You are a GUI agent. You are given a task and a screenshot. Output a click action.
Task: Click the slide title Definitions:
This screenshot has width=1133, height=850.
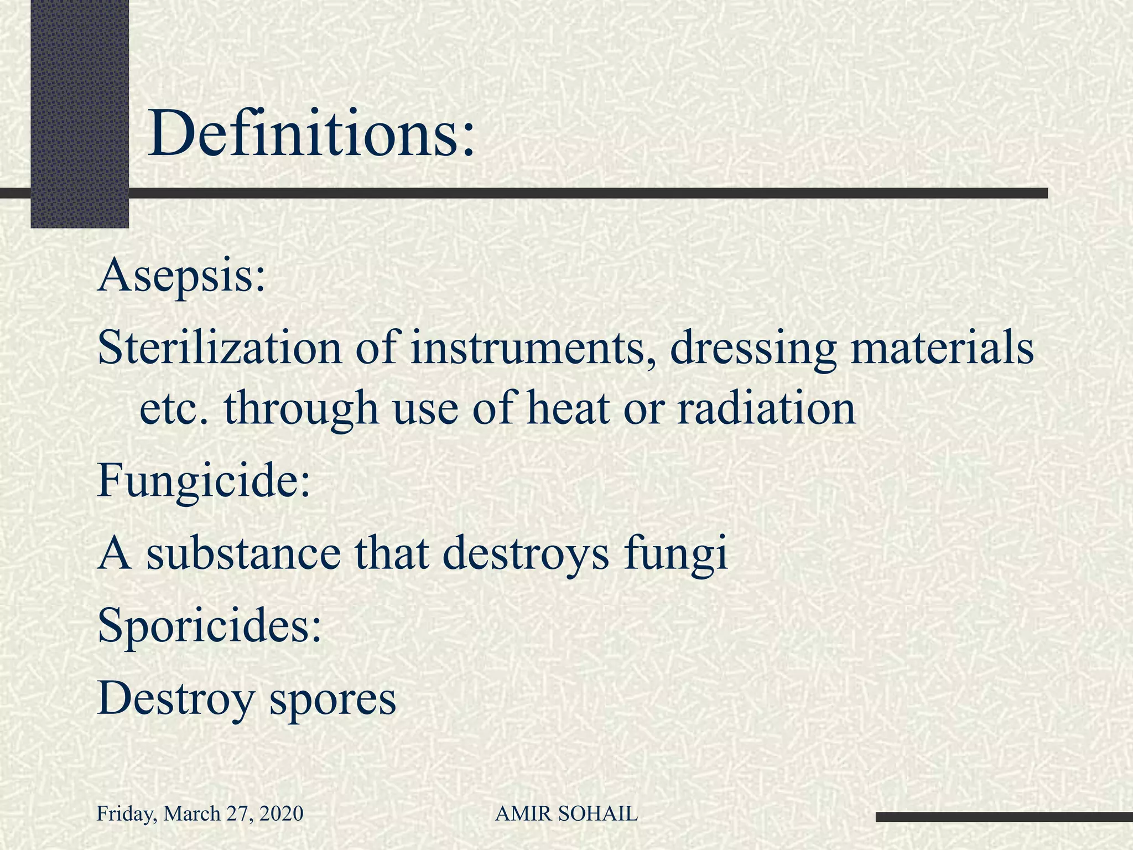[311, 134]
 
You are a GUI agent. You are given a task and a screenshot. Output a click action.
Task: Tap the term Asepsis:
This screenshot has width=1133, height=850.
[181, 275]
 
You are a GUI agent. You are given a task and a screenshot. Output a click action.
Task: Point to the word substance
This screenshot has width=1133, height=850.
[243, 554]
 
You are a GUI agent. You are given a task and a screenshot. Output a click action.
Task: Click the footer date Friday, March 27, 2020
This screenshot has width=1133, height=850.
[200, 813]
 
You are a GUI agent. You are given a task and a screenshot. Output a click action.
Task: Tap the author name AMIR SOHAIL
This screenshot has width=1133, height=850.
[566, 813]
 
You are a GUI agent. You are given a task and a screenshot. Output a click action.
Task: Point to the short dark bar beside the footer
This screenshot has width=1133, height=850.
[1004, 817]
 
